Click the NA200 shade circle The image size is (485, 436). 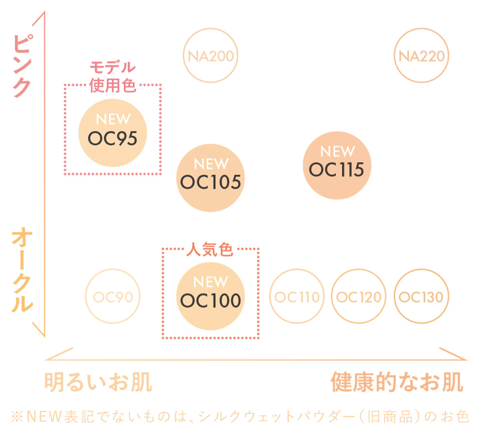pos(210,56)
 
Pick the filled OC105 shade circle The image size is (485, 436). pos(210,177)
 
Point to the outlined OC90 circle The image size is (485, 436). pos(113,297)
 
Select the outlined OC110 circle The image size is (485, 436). pos(297,297)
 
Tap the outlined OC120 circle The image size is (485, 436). pos(359,297)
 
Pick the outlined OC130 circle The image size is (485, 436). pos(421,297)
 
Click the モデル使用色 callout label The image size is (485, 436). pos(113,77)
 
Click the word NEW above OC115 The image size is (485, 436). pos(337,151)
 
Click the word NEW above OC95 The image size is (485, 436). pos(113,119)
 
